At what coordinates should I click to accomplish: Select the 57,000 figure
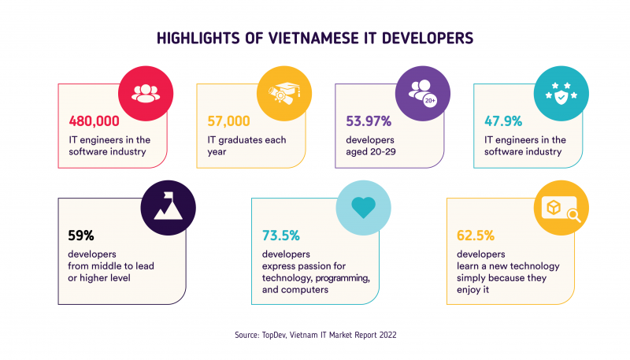(x=228, y=122)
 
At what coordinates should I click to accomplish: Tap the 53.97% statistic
(x=370, y=122)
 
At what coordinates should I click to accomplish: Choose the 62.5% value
(x=475, y=235)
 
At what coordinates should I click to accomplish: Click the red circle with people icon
(x=145, y=91)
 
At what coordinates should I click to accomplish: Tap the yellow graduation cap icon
(x=282, y=91)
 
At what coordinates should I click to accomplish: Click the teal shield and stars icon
(x=558, y=91)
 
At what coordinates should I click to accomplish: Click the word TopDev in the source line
(x=272, y=335)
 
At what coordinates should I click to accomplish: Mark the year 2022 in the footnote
(x=385, y=335)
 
